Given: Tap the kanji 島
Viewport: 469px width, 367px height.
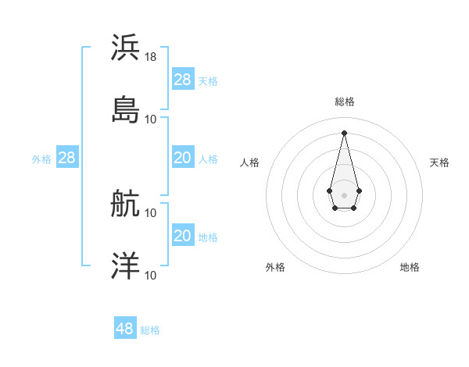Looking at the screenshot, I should [x=126, y=109].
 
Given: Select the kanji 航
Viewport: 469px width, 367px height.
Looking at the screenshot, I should [x=126, y=204].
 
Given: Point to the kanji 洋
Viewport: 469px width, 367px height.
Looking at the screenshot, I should [x=126, y=266].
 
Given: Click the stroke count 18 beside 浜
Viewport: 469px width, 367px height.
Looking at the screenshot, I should [x=151, y=57].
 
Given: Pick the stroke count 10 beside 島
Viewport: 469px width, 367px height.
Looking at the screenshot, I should [x=151, y=119].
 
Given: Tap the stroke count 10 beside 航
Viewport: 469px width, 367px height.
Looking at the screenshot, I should [x=151, y=212].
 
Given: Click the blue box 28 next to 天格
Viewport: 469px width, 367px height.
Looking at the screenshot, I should [x=183, y=79].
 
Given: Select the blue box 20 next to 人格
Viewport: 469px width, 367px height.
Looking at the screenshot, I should [x=183, y=158].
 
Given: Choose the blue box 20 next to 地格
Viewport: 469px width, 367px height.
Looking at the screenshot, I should [x=183, y=236].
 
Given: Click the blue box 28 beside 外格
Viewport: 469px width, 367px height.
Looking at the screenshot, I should [x=67, y=158].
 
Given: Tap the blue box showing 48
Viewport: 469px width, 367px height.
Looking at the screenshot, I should [x=125, y=329].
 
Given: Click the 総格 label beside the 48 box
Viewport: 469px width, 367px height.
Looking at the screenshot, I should [x=150, y=330].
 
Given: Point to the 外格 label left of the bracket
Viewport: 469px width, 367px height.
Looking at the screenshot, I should [x=41, y=159].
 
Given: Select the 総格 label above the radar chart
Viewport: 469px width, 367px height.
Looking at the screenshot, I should [x=345, y=102].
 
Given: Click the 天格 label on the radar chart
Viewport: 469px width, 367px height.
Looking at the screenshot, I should [x=440, y=162].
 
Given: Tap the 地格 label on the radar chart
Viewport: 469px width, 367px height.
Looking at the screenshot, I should [x=410, y=267].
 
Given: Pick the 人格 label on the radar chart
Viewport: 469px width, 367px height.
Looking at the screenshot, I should [x=250, y=162].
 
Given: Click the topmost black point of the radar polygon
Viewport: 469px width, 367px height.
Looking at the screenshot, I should [x=344, y=132].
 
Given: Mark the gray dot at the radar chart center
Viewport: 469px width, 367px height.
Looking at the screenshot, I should [x=344, y=194].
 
